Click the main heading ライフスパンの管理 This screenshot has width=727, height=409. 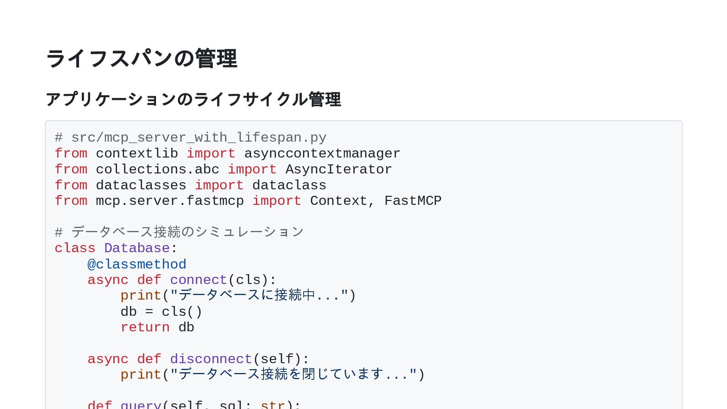point(141,59)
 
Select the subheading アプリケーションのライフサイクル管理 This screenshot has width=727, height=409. point(193,100)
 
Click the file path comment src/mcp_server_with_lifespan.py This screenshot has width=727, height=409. point(198,138)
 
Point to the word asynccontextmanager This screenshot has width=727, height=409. point(322,154)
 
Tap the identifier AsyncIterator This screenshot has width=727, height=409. point(339,170)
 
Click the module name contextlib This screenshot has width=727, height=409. point(137,154)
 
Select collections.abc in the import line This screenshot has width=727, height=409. point(157,170)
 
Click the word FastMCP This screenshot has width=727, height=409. point(413,201)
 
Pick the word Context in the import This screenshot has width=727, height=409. point(339,201)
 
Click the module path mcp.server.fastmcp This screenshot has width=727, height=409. point(170,201)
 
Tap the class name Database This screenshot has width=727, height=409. point(137,248)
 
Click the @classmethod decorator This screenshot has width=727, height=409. point(137,264)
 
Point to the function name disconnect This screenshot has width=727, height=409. point(211,359)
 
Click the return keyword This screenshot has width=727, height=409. point(145,328)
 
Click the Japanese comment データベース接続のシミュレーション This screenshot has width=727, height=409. point(187,232)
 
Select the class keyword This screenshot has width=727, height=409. point(75,248)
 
